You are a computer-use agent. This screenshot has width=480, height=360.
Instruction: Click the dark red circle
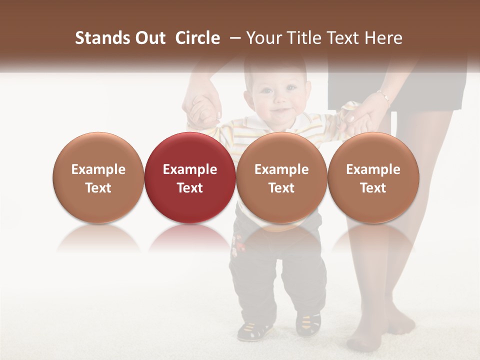[190, 177]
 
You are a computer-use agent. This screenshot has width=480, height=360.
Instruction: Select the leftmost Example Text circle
[98, 177]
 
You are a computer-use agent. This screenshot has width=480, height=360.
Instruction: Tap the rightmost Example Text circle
[373, 177]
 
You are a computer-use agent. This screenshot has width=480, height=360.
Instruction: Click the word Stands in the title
[99, 38]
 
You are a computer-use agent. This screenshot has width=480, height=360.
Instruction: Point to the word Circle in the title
[197, 38]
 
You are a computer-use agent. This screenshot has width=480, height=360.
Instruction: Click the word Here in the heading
[384, 38]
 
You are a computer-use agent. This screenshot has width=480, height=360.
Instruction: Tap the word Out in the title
[148, 38]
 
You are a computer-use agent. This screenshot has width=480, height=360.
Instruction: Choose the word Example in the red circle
[190, 169]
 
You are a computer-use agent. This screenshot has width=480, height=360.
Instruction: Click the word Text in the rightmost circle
[373, 188]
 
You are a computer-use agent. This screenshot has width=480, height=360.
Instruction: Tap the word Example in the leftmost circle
[98, 169]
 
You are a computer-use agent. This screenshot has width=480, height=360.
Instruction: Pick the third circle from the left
[281, 177]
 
